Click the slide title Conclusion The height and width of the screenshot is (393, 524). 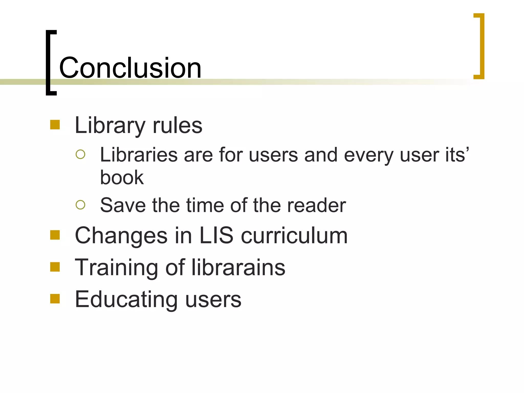pyautogui.click(x=130, y=68)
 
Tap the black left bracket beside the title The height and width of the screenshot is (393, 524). pyautogui.click(x=49, y=63)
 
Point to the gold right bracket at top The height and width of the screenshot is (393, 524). pyautogui.click(x=481, y=46)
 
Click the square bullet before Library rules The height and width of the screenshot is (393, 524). pyautogui.click(x=55, y=125)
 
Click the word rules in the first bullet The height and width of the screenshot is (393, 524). pyautogui.click(x=177, y=125)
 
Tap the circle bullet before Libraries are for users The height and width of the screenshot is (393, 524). pyautogui.click(x=80, y=154)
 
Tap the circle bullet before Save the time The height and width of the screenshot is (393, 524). pyautogui.click(x=80, y=205)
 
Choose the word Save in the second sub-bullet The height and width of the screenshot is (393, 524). pyautogui.click(x=123, y=205)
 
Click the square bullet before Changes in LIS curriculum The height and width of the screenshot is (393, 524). pyautogui.click(x=55, y=235)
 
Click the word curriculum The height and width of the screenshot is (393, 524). pyautogui.click(x=294, y=235)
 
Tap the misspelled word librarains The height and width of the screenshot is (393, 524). pyautogui.click(x=238, y=267)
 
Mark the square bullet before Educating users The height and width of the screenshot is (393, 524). pyautogui.click(x=55, y=299)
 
